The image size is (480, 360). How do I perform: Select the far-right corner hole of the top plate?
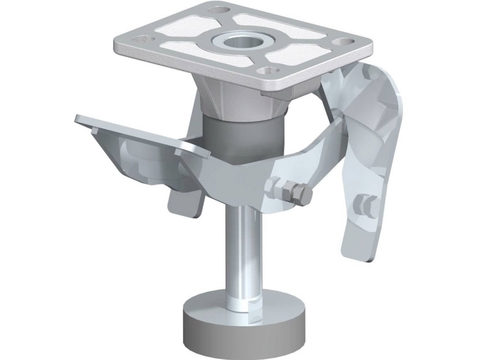[344, 43]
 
